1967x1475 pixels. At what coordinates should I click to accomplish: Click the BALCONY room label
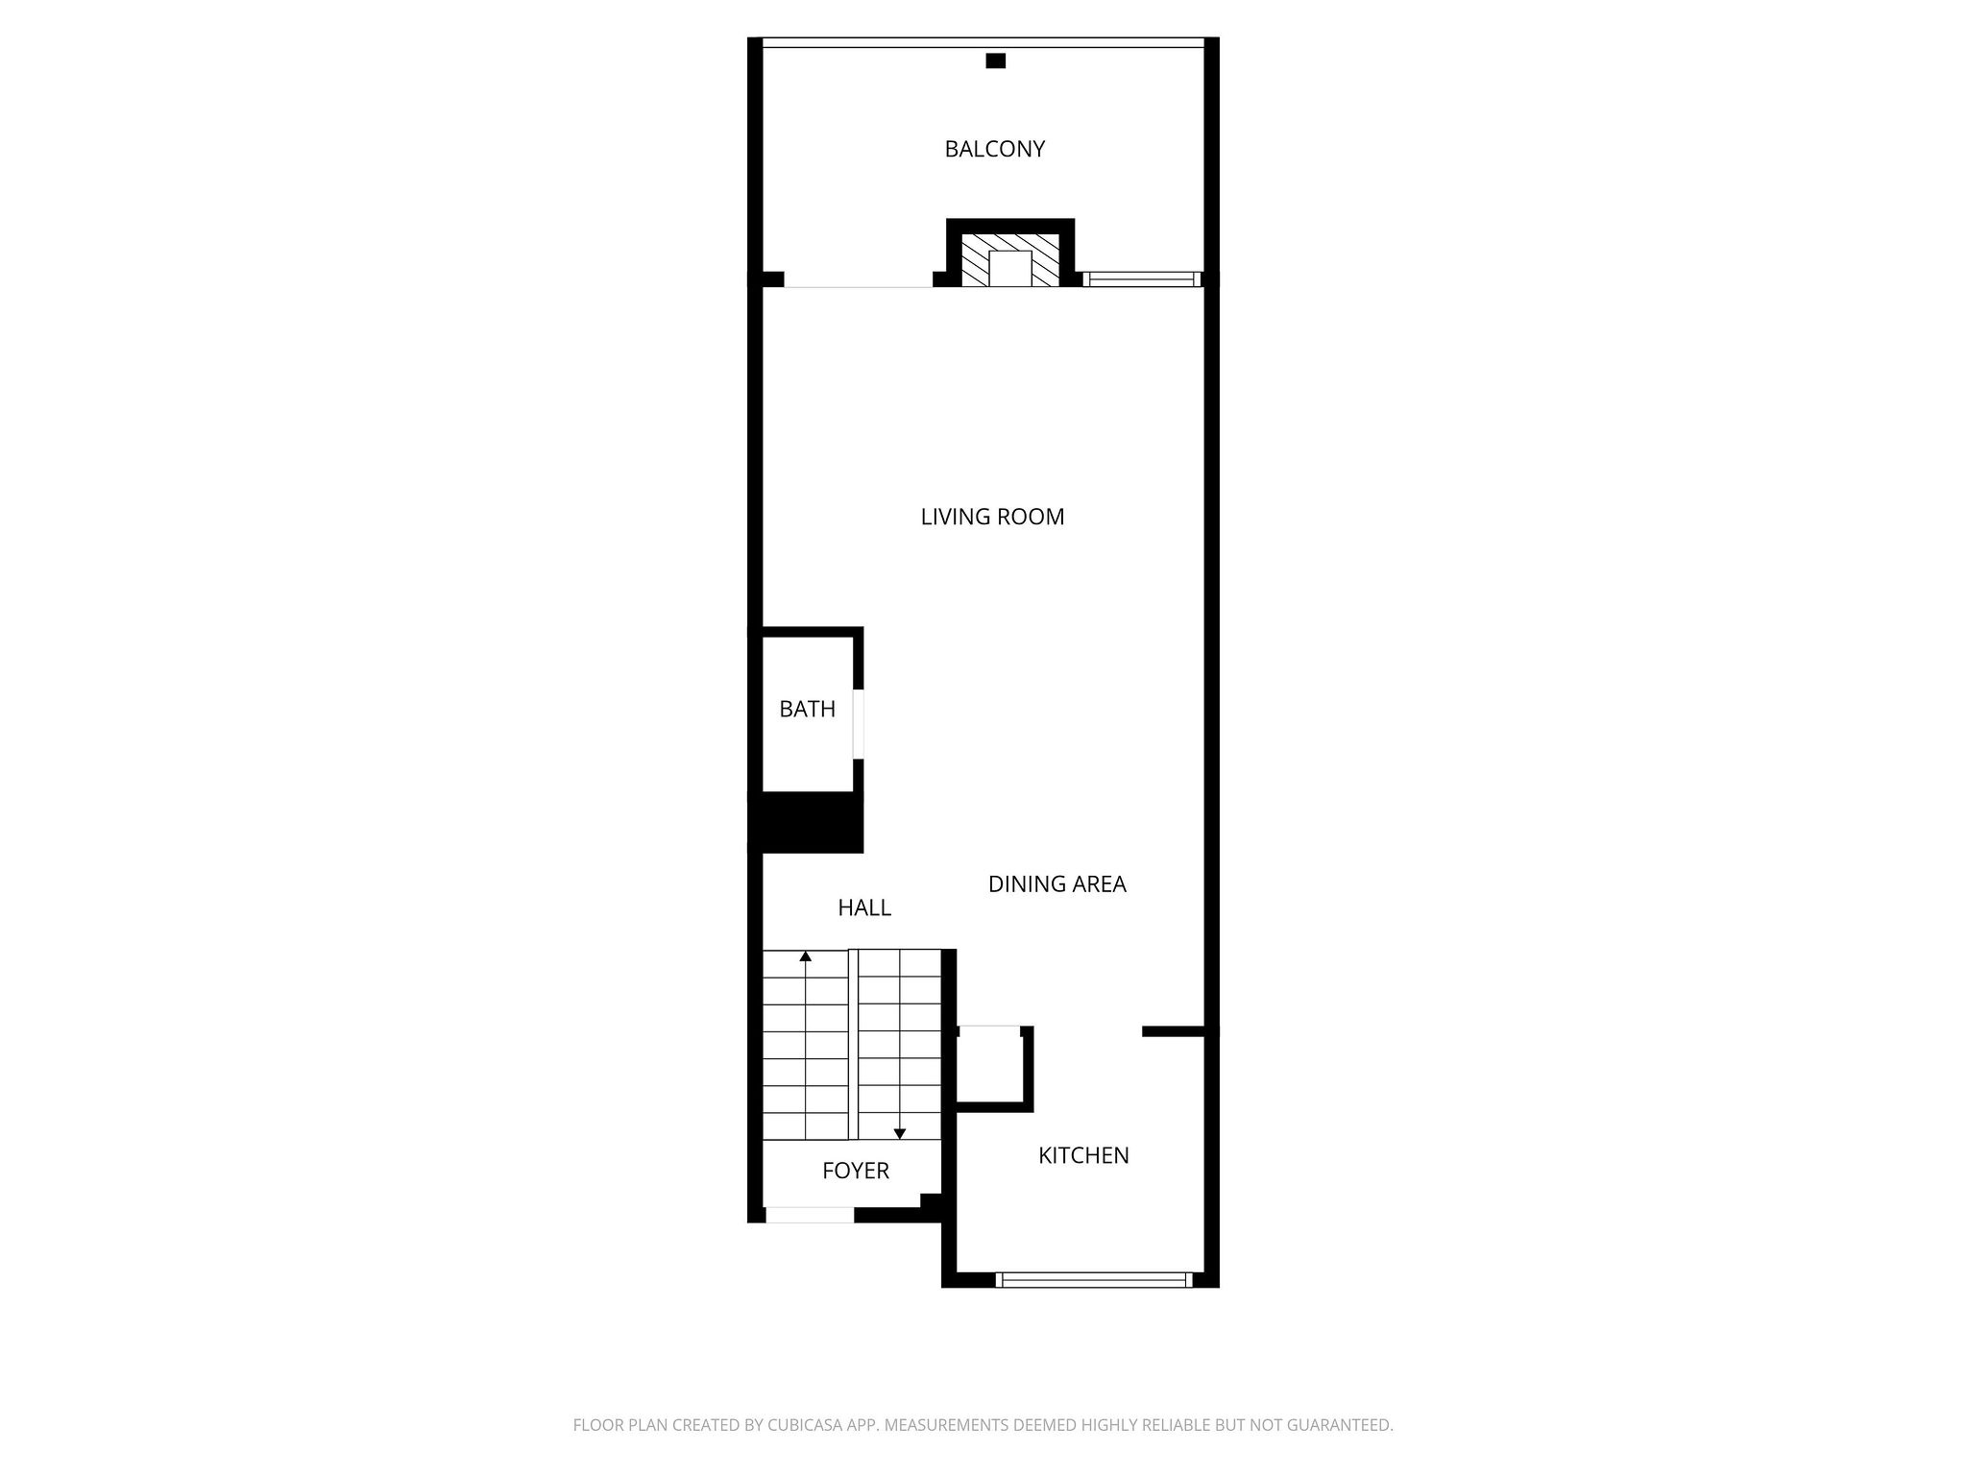[994, 149]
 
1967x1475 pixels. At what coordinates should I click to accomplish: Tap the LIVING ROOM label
[992, 517]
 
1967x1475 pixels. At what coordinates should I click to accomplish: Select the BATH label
[807, 709]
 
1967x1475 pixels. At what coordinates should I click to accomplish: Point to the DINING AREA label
[1056, 883]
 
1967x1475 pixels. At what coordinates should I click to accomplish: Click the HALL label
[864, 907]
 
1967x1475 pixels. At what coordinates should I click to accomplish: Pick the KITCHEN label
[1083, 1155]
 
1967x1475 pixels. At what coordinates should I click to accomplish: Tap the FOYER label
[856, 1171]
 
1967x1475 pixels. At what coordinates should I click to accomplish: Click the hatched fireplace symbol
[1009, 258]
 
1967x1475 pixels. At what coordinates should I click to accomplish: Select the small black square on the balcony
[996, 60]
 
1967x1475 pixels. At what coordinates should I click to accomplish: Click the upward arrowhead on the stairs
[805, 956]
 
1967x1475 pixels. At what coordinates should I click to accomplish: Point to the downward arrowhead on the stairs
[900, 1133]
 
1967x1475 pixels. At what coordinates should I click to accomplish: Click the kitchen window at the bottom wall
[1094, 1279]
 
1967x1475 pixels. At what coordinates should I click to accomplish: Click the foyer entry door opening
[809, 1215]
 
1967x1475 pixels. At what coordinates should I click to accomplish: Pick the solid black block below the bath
[806, 822]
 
